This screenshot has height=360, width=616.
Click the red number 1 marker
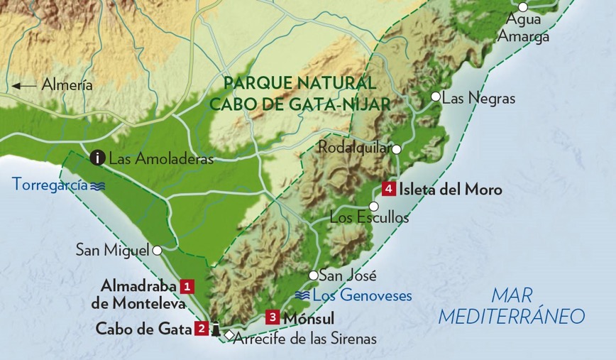(187, 286)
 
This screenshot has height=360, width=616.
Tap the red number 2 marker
(202, 329)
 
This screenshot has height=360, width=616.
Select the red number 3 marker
(273, 317)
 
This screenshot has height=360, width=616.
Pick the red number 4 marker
(388, 190)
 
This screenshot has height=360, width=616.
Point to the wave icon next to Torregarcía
(97, 185)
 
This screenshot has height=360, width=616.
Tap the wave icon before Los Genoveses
(302, 295)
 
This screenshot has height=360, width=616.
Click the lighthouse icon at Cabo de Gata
(215, 329)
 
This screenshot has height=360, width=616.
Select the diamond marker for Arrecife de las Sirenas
(228, 334)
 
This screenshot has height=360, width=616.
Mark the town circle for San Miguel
(157, 250)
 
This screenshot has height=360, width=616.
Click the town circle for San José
(313, 276)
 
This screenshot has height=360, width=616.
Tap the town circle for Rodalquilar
(397, 149)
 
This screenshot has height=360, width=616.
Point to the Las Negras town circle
(436, 97)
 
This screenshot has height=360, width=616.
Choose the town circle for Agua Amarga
(523, 7)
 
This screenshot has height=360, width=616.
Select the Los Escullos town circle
(374, 206)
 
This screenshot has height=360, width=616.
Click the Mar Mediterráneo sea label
(511, 306)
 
